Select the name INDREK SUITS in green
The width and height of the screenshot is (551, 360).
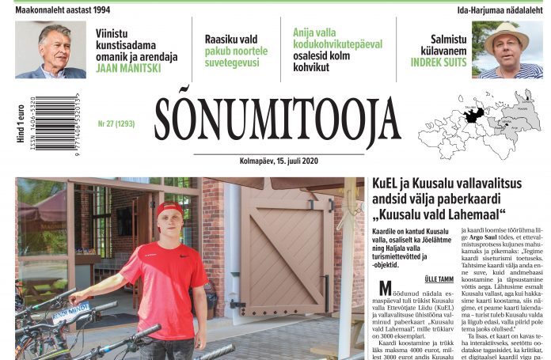click(439, 62)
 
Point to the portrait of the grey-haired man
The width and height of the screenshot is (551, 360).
click(51, 50)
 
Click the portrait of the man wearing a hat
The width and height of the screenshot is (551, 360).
click(506, 50)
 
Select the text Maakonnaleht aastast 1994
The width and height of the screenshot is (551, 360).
click(63, 9)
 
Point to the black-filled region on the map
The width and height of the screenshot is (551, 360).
click(473, 116)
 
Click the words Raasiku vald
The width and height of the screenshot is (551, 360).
click(231, 39)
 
